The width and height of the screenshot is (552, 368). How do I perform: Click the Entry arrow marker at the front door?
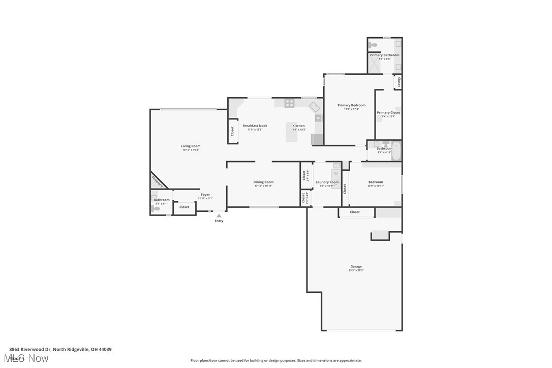[219, 216]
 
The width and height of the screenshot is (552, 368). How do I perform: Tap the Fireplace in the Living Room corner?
[157, 181]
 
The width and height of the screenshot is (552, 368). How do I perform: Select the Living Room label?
[191, 146]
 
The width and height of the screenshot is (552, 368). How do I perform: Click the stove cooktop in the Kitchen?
[289, 103]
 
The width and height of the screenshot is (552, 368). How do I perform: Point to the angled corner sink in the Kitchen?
[315, 107]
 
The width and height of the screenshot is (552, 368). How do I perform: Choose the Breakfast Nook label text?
[255, 126]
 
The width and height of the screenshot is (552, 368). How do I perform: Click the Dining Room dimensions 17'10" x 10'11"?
[263, 186]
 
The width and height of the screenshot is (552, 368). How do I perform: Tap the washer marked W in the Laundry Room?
[335, 174]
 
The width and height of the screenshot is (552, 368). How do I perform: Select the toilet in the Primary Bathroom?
[374, 45]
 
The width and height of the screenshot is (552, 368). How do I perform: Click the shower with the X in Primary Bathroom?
[375, 66]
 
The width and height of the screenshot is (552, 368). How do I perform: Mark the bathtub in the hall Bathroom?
[396, 151]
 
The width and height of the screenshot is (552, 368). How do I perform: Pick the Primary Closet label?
[388, 112]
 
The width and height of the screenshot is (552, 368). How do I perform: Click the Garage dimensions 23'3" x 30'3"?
[356, 270]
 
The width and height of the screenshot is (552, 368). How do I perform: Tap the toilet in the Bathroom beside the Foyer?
[156, 208]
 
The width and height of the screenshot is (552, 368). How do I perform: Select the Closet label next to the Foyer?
[184, 207]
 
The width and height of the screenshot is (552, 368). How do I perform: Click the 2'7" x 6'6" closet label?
[305, 175]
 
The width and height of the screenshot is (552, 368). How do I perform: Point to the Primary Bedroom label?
[351, 105]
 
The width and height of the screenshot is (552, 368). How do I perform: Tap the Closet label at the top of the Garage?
[354, 212]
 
